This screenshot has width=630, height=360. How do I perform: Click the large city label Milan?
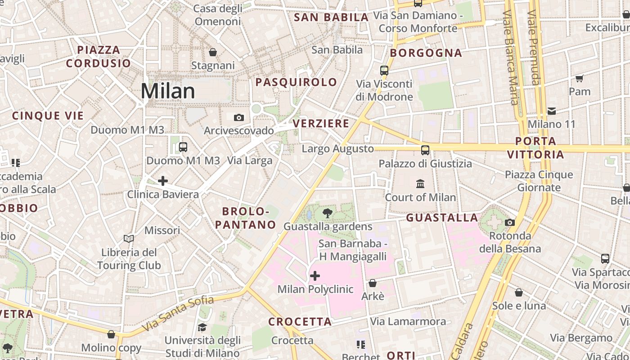[168, 91]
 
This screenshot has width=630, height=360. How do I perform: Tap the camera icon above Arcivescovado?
[239, 118]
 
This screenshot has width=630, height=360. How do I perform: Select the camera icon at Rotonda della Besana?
[510, 222]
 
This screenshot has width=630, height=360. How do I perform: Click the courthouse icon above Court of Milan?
[420, 184]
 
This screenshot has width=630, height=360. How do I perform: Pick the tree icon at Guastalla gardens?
[328, 213]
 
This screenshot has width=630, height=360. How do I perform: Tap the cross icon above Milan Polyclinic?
[315, 275]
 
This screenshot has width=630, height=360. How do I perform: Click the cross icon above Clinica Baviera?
[163, 181]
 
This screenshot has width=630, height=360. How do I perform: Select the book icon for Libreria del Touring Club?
[129, 238]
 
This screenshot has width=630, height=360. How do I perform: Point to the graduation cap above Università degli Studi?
[202, 327]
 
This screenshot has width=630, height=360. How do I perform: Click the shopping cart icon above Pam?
[580, 78]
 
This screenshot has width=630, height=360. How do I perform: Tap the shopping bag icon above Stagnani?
[213, 52]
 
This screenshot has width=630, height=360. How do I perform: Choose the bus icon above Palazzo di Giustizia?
[425, 150]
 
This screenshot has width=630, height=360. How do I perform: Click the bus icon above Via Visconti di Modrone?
[384, 70]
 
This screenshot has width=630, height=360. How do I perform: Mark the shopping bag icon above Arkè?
[373, 283]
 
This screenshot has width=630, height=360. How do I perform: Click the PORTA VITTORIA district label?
[535, 148]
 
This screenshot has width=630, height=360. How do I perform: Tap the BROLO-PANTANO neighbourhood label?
[245, 218]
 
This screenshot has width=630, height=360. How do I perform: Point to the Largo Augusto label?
[337, 149]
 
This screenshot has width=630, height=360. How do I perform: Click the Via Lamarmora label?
[408, 321]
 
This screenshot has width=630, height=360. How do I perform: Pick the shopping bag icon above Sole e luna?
[519, 292]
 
